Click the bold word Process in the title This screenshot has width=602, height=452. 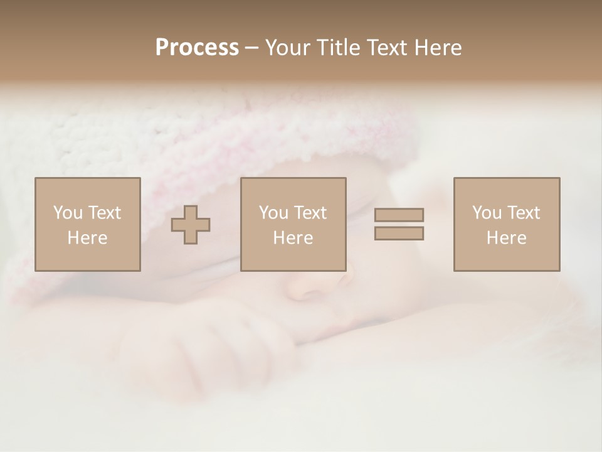(197, 48)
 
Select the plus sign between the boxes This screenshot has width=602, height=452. (191, 224)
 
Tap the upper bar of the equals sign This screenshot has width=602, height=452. (399, 215)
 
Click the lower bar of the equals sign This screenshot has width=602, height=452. (399, 234)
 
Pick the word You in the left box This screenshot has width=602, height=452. (66, 213)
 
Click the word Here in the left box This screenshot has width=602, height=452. (87, 238)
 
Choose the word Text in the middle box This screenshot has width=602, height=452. (310, 213)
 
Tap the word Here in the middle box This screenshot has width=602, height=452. (293, 238)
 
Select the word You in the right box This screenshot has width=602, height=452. (485, 213)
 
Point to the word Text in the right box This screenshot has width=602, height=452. (524, 213)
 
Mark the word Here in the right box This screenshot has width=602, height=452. (506, 238)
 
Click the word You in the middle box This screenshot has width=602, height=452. (272, 213)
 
